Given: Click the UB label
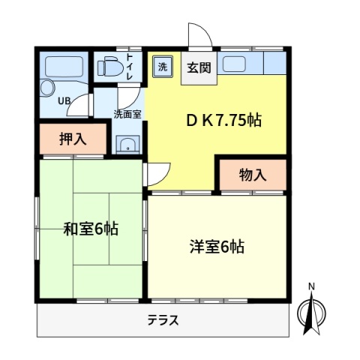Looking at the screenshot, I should click(64, 100).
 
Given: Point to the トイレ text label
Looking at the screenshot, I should click(130, 67).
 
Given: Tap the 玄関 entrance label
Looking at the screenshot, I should click(198, 66).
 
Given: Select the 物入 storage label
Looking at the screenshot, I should click(252, 175).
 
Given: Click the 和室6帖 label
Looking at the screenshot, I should click(90, 229).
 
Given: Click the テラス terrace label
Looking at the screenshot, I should click(163, 320).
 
